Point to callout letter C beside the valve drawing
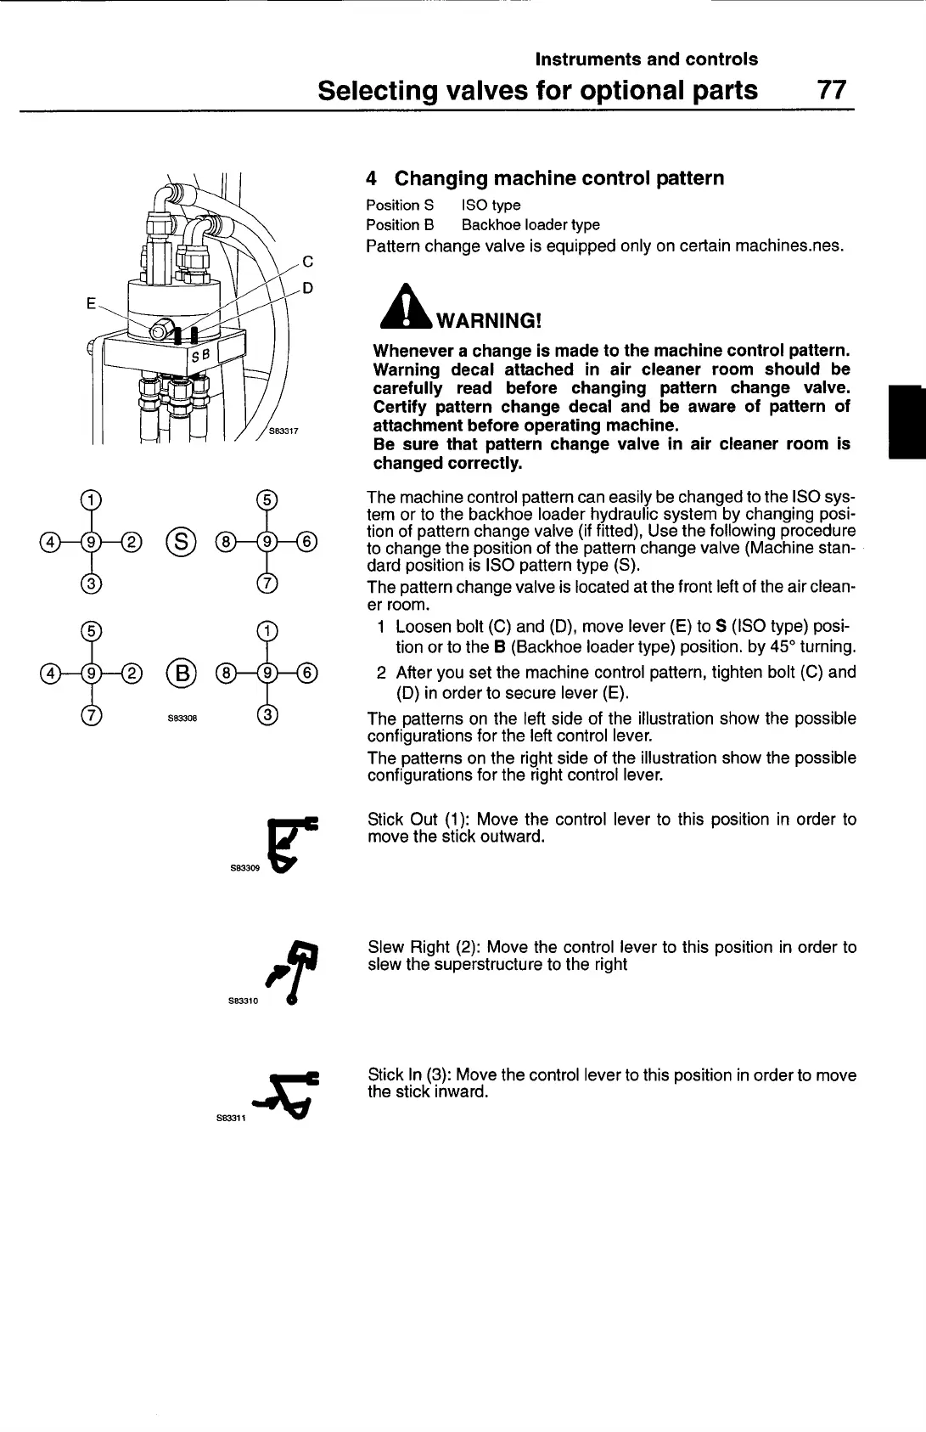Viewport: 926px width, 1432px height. tap(308, 262)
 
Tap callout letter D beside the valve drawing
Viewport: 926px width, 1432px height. tap(308, 288)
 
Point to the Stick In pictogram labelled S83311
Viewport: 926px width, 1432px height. tap(294, 1096)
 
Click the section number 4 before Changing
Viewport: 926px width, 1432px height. tap(372, 178)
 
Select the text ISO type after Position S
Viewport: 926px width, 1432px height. tap(491, 205)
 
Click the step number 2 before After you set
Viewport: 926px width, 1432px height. tap(382, 672)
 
